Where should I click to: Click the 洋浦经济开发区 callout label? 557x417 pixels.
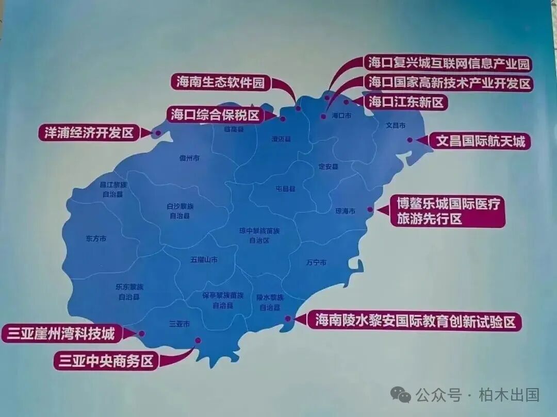click(89, 133)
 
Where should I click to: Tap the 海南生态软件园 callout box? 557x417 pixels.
click(220, 82)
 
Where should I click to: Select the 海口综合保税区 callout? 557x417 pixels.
click(215, 115)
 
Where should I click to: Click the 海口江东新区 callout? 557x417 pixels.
click(406, 102)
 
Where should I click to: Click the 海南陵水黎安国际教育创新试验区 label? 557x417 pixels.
click(415, 322)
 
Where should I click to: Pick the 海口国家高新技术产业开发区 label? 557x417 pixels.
click(449, 82)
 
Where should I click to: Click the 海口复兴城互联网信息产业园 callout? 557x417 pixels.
click(449, 63)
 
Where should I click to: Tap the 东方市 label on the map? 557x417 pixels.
click(96, 239)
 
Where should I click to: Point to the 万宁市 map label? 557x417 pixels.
click(316, 262)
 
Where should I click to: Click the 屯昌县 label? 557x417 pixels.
click(285, 189)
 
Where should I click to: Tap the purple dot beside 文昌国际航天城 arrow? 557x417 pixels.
click(409, 140)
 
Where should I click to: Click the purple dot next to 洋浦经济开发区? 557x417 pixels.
click(157, 133)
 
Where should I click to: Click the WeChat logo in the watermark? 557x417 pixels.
click(400, 395)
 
